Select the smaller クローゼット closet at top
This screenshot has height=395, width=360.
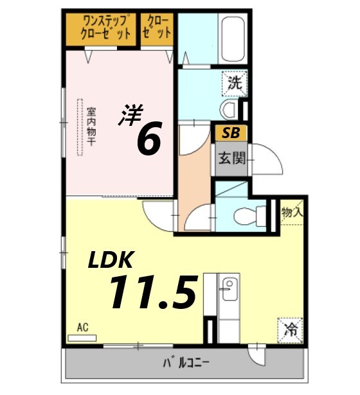[x=157, y=28]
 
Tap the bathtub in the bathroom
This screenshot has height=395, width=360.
[x=232, y=38]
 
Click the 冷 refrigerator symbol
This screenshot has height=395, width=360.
[x=291, y=330]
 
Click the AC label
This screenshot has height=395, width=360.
[x=82, y=328]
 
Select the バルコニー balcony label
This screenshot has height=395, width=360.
[x=186, y=364]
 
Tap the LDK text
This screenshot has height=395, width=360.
[x=110, y=259]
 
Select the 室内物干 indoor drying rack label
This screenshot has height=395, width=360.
[x=91, y=126]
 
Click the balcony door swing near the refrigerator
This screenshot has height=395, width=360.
[x=258, y=353]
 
